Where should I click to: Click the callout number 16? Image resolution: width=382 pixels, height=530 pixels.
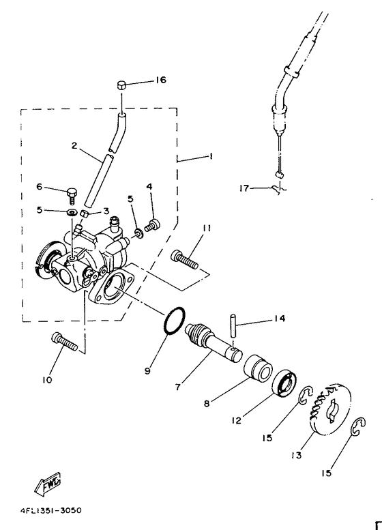pyautogui.click(x=160, y=80)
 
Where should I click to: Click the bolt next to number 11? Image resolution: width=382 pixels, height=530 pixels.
pyautogui.click(x=186, y=259)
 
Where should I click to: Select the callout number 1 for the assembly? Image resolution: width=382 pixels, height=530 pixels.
pyautogui.click(x=211, y=156)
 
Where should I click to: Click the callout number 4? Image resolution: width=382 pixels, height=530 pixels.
pyautogui.click(x=149, y=186)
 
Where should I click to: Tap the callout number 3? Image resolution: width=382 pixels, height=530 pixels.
pyautogui.click(x=106, y=211)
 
